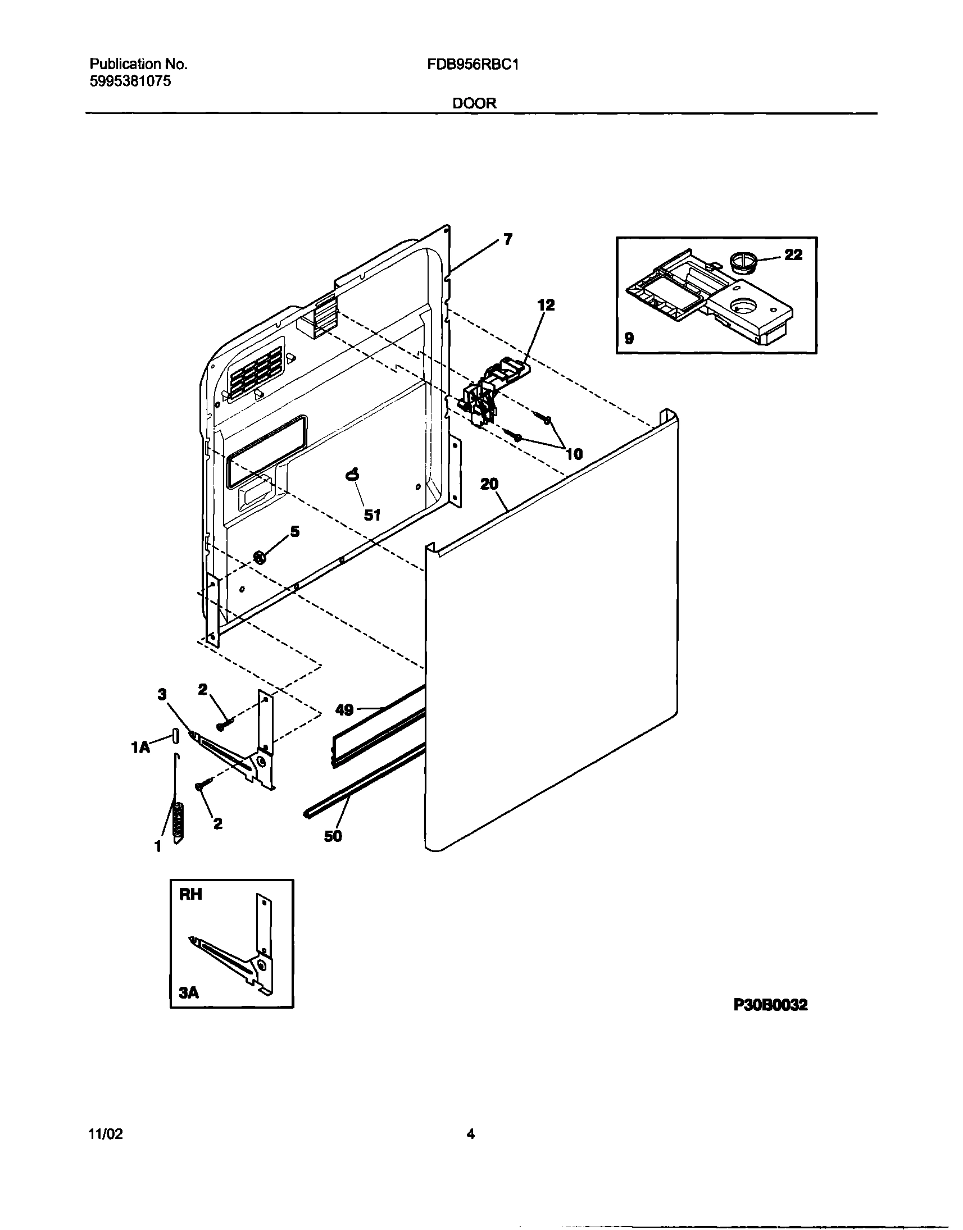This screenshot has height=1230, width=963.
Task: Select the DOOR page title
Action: [474, 103]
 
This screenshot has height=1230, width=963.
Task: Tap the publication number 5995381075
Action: [130, 81]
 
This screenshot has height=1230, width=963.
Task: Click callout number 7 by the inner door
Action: [507, 240]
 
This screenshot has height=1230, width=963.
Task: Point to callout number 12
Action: [545, 305]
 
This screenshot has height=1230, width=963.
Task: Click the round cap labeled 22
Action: [741, 263]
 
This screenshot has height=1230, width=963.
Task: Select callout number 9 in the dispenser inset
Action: [629, 338]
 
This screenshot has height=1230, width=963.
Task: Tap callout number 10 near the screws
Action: [574, 454]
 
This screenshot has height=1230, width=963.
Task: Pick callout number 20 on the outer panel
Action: [489, 484]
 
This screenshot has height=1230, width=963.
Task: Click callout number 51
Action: [372, 514]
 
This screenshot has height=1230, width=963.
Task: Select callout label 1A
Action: [140, 748]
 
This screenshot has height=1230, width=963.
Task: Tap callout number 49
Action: [344, 710]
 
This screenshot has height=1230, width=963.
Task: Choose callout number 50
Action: [333, 836]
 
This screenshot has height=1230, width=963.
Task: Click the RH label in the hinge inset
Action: [190, 894]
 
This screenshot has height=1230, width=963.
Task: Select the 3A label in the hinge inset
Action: [189, 992]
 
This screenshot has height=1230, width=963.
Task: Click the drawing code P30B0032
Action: [771, 1005]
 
